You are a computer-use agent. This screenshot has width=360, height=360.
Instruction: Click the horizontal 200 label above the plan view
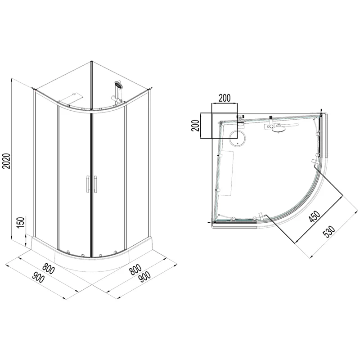click(x=225, y=98)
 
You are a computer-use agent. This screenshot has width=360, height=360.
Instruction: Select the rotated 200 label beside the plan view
click(x=195, y=125)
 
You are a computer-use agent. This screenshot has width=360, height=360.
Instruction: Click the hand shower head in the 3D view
click(x=119, y=84)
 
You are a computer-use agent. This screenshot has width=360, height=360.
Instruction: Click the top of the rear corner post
click(x=91, y=63)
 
